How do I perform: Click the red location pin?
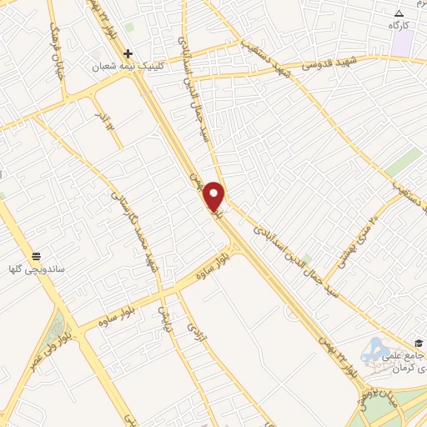pyautogui.click(x=213, y=196)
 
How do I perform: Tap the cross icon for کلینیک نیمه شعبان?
pyautogui.click(x=128, y=53)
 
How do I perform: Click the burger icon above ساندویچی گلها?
pyautogui.click(x=36, y=255)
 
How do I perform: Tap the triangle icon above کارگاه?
pyautogui.click(x=399, y=13)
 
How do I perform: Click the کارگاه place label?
pyautogui.click(x=401, y=26)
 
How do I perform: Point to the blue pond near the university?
pyautogui.click(x=374, y=349)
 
